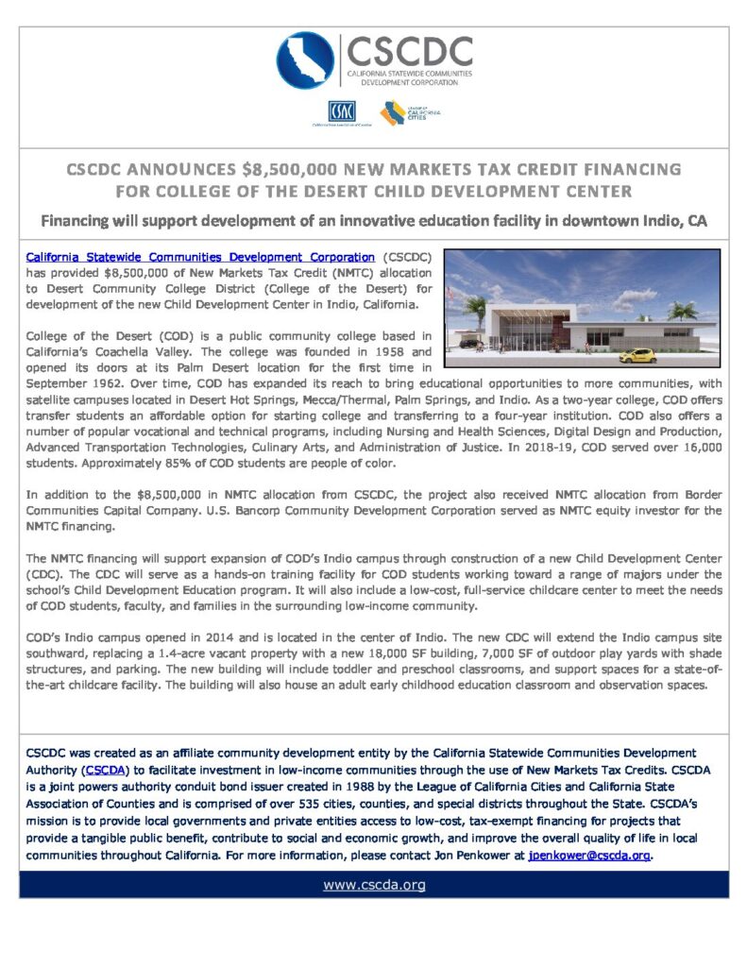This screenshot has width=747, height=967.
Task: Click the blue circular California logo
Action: tap(305, 60)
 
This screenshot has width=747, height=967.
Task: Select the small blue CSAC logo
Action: tap(341, 111)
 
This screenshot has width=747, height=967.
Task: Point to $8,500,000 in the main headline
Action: tap(295, 170)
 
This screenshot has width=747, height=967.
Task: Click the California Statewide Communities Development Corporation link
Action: tap(200, 256)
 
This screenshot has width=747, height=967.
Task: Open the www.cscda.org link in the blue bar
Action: tap(374, 885)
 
